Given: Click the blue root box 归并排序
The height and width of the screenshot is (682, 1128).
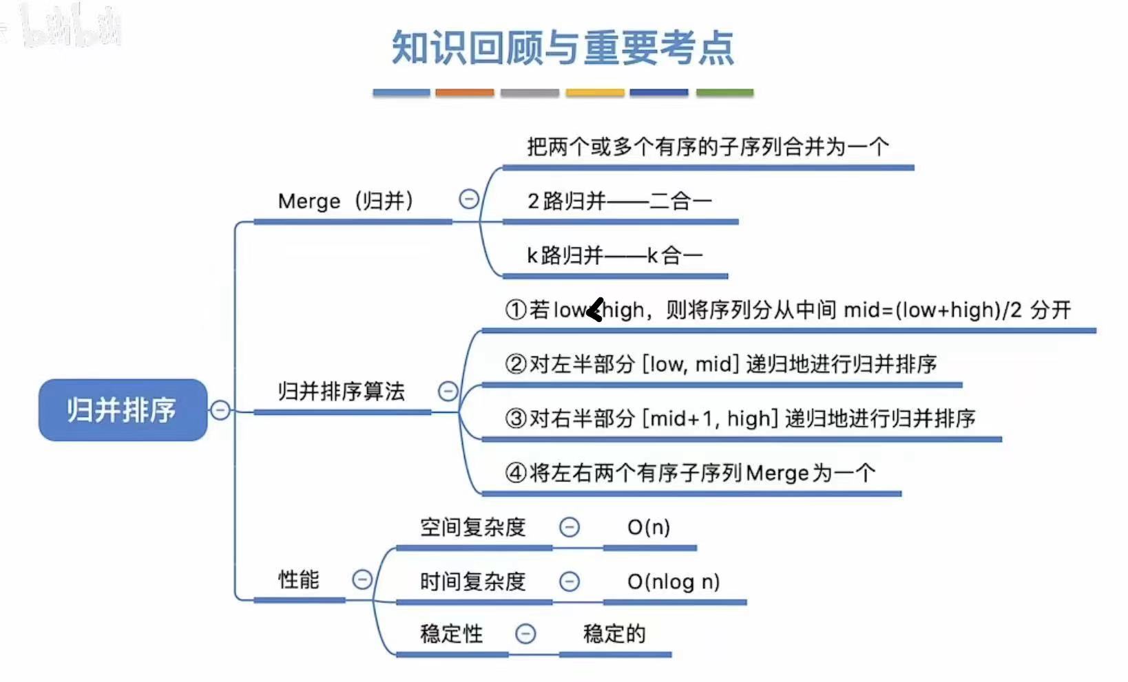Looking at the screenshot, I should [123, 409].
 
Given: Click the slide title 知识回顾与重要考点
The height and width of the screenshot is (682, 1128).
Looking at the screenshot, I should [563, 47].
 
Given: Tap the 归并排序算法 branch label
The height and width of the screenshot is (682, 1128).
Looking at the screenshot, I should [341, 391].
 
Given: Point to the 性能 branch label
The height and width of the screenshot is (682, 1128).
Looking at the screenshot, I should [298, 579].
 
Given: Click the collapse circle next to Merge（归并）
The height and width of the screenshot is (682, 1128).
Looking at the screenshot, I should [469, 200].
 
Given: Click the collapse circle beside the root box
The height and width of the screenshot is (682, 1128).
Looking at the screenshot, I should [220, 410].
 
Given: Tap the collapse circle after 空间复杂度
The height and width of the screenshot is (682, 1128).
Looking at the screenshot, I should [569, 527].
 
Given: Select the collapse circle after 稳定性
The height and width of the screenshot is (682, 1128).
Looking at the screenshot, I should [525, 633].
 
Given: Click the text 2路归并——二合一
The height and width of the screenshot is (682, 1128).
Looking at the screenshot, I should [619, 201].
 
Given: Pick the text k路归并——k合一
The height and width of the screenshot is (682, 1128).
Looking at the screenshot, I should [614, 255].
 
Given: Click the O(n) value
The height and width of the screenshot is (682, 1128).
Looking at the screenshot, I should [648, 527].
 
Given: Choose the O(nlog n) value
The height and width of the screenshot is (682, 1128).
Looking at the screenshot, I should [673, 582].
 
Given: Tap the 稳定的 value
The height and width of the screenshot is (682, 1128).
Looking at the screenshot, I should [614, 633].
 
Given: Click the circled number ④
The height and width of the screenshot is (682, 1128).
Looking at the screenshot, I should [516, 473].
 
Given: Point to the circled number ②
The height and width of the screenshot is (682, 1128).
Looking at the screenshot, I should [516, 363].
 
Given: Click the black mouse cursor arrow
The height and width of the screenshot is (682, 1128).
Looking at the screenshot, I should [595, 310].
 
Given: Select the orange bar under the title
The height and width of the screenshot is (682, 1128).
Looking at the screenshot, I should [464, 92].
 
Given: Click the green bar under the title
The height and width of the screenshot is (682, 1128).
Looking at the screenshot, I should [724, 92].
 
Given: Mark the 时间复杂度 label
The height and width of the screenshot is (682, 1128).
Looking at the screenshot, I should [472, 582].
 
